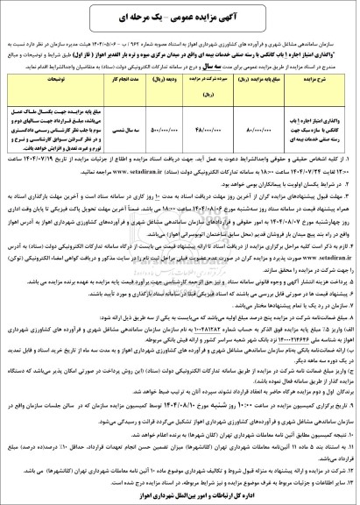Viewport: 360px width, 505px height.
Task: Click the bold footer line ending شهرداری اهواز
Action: (x=180, y=497)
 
